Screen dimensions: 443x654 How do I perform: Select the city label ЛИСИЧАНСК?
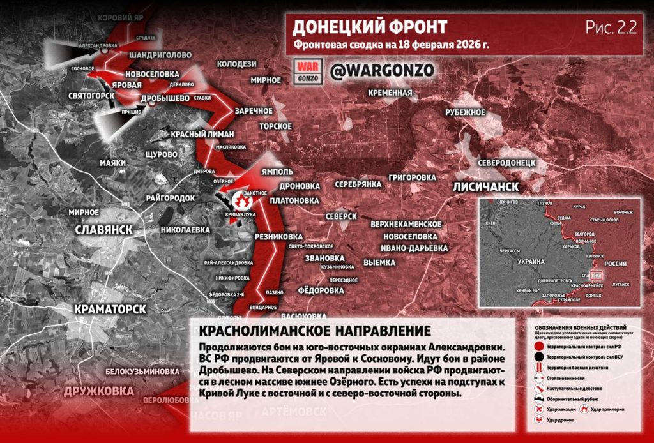[485, 186]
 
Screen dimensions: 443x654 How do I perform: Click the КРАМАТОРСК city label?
[110, 309]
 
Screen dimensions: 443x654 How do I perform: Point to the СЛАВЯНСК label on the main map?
[103, 229]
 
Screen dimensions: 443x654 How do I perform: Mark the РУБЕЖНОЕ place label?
[466, 112]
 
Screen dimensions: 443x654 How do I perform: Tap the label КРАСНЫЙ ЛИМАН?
[202, 134]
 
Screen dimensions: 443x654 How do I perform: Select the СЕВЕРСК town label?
[340, 216]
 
